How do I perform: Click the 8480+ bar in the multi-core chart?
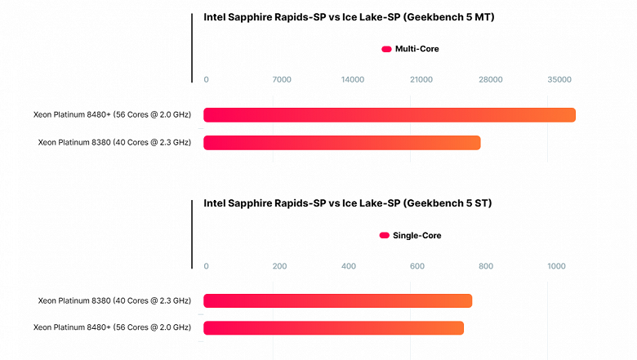[x=389, y=115]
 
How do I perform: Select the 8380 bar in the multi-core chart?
[x=341, y=143]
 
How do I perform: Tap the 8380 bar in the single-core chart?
[x=337, y=301]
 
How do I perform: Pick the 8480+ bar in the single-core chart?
[x=333, y=328]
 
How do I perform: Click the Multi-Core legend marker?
[x=386, y=49]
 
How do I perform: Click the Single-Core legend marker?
[x=385, y=236]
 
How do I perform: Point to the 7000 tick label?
[x=282, y=79]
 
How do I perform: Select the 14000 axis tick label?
[x=353, y=79]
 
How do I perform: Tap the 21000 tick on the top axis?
[x=421, y=79]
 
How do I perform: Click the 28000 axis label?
[x=491, y=79]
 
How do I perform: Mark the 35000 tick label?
[x=559, y=79]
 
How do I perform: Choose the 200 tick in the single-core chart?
[x=279, y=266]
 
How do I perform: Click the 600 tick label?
[x=416, y=266]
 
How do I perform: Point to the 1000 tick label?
[x=556, y=266]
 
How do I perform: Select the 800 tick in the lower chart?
[x=486, y=266]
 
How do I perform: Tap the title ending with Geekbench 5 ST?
[x=346, y=203]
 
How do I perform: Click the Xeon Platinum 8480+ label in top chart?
[x=112, y=115]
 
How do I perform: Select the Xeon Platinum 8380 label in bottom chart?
[x=114, y=301]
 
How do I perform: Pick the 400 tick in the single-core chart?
[x=349, y=266]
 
